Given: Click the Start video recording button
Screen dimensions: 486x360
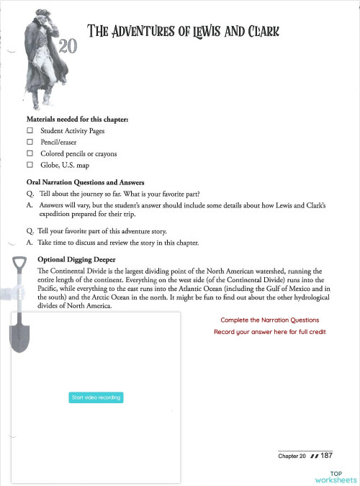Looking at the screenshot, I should pyautogui.click(x=96, y=397).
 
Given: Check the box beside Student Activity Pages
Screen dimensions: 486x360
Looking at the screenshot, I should pyautogui.click(x=30, y=132).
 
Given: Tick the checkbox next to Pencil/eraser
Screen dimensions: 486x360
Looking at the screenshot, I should pyautogui.click(x=30, y=143).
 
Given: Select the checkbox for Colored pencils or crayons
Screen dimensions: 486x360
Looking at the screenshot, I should pyautogui.click(x=30, y=153).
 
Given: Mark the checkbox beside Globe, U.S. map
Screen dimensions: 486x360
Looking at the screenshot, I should pyautogui.click(x=30, y=165).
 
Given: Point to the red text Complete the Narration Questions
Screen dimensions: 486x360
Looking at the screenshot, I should pyautogui.click(x=269, y=320).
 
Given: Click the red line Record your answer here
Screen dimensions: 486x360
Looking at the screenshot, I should pyautogui.click(x=269, y=332).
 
